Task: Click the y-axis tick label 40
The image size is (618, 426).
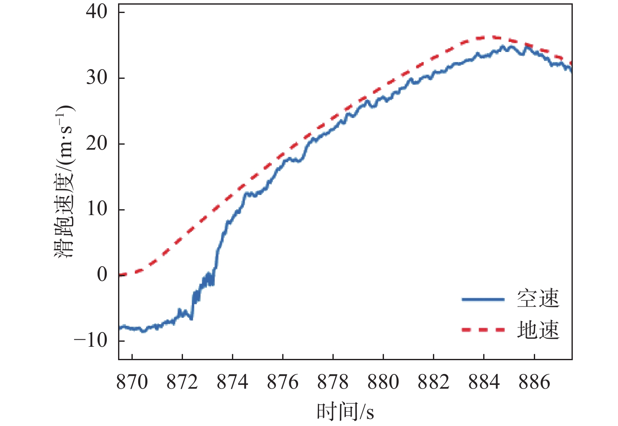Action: click(97, 12)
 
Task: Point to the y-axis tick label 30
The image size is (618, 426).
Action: click(97, 78)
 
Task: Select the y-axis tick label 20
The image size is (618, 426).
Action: click(97, 144)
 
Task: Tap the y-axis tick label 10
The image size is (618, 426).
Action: click(97, 209)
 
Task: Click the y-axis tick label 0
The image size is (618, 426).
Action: click(103, 275)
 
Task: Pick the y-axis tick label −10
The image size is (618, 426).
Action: click(91, 340)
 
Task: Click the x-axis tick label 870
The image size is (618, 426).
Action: click(132, 382)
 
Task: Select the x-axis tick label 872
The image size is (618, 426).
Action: click(182, 382)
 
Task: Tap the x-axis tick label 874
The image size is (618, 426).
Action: click(232, 382)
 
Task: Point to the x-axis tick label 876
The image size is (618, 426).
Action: click(283, 382)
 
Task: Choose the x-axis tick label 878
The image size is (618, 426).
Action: click(333, 382)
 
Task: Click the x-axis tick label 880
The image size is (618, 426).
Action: click(383, 382)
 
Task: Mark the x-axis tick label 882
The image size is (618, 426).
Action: click(433, 382)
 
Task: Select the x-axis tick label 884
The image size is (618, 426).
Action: click(484, 382)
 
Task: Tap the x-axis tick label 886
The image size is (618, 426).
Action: click(534, 382)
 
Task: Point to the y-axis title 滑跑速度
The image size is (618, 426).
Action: click(65, 218)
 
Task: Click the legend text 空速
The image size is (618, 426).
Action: click(538, 299)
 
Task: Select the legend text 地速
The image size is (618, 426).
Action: click(538, 330)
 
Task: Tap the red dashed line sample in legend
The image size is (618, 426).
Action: click(483, 330)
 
